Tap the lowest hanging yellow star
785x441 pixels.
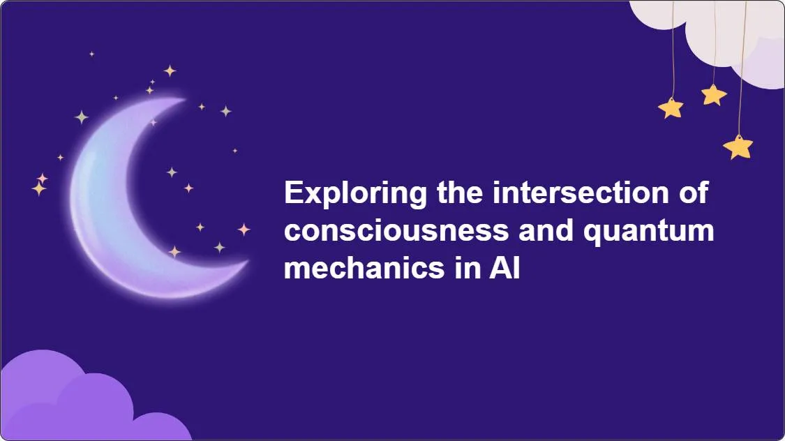coord(738,147)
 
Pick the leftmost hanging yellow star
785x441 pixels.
coord(671,107)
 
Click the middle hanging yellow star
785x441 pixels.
coord(713,94)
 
